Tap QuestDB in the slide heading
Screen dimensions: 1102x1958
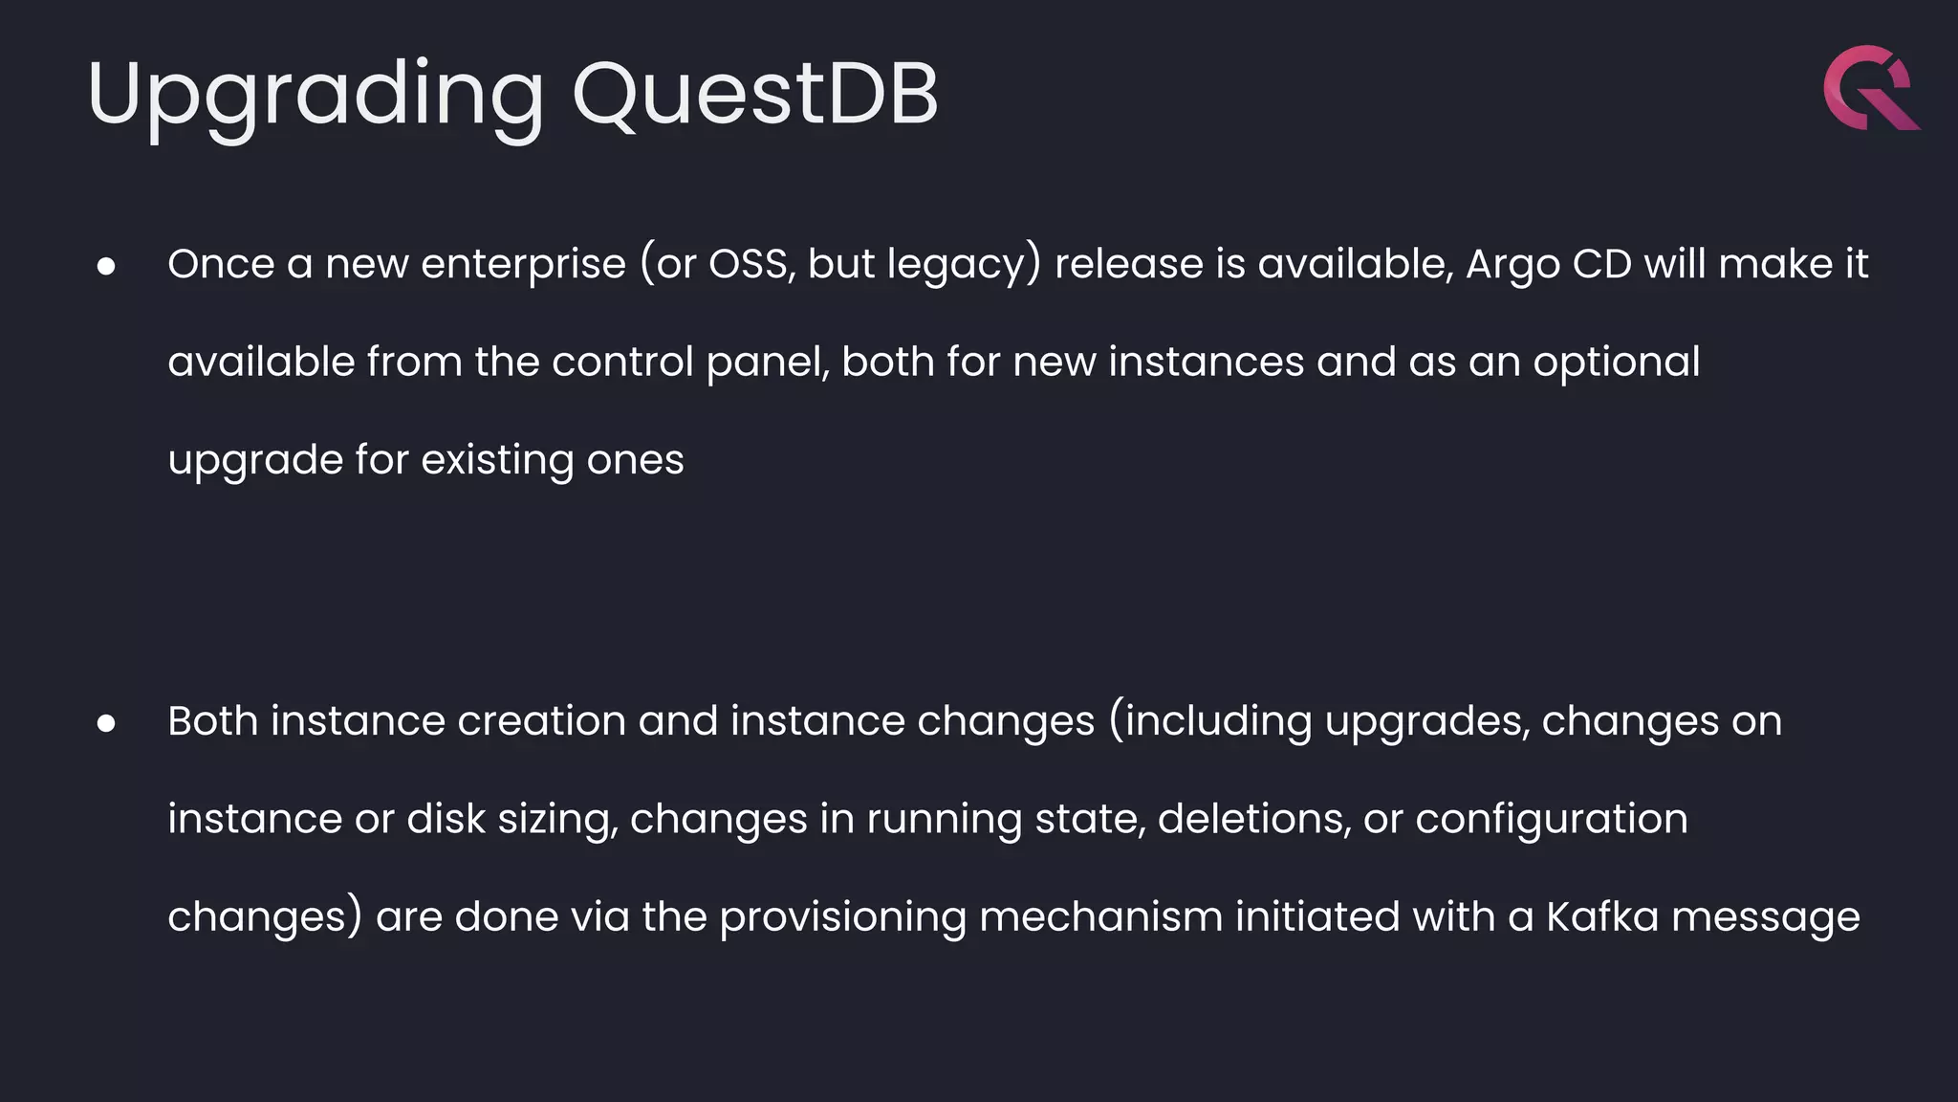coord(755,94)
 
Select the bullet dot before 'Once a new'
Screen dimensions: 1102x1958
coord(106,266)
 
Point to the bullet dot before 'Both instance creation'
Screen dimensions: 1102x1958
coord(106,723)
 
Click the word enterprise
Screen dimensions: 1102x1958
coord(523,264)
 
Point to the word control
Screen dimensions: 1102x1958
coord(622,362)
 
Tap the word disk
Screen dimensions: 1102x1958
coord(446,819)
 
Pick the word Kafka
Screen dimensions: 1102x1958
coord(1601,916)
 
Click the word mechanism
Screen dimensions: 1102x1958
coord(1100,916)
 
